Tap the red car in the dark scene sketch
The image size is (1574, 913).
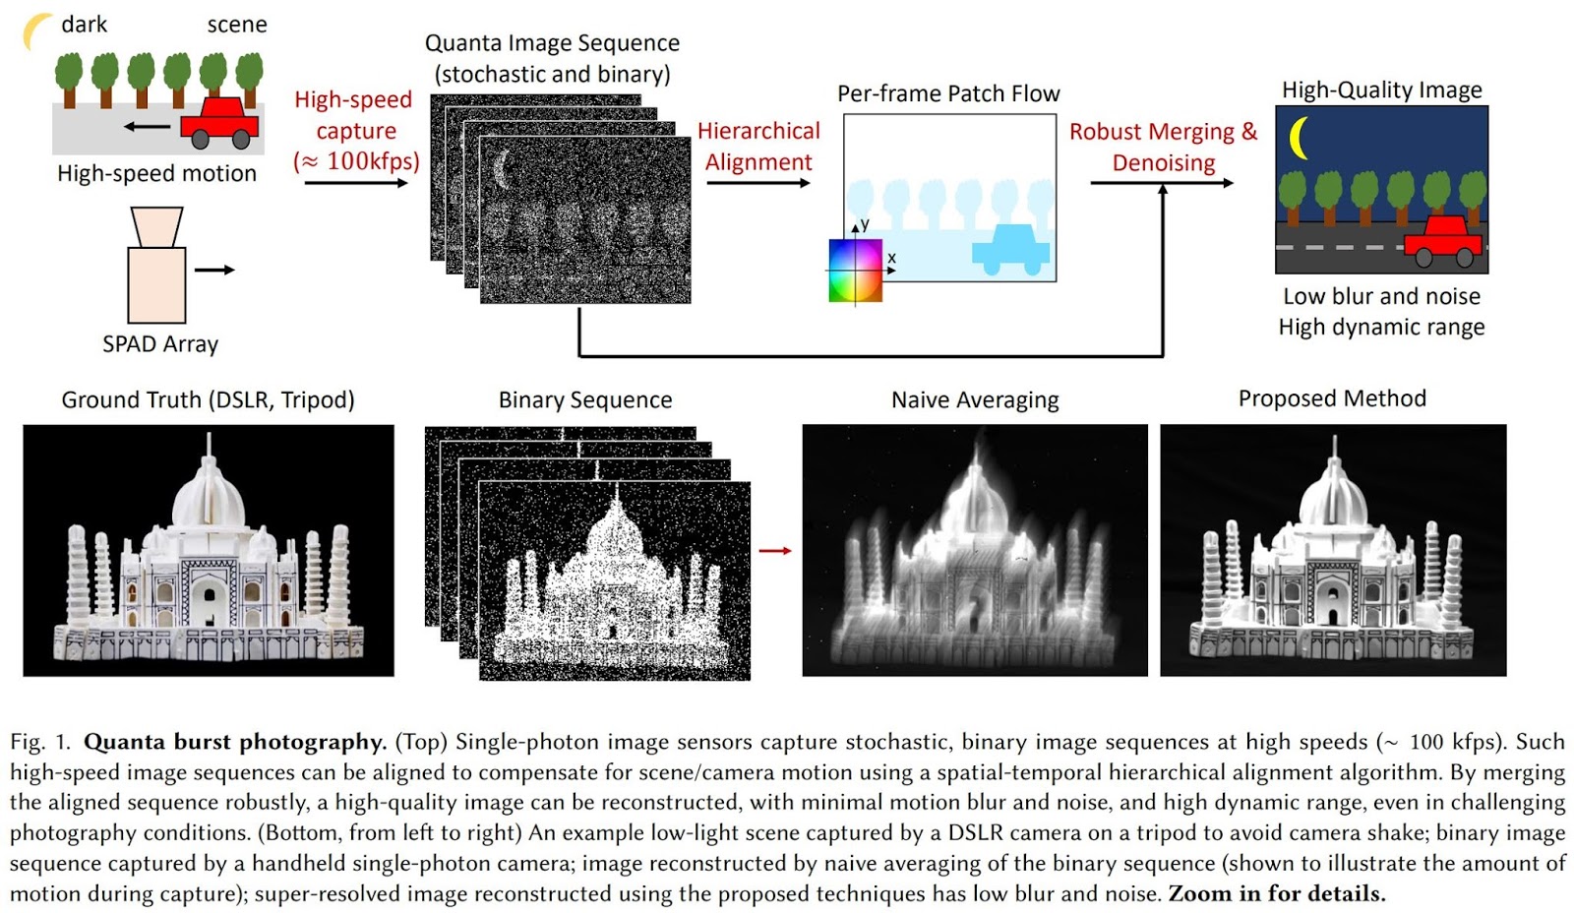219,121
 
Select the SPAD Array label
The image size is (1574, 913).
160,344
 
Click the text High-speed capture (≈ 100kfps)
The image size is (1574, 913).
355,131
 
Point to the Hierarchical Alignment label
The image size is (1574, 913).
758,147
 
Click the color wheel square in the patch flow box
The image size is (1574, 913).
855,271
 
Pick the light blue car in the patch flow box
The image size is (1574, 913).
1010,248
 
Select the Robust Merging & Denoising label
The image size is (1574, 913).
1163,147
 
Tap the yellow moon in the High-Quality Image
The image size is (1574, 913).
1300,138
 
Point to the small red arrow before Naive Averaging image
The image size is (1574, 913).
775,550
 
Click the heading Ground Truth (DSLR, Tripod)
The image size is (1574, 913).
208,400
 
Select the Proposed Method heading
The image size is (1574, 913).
1332,398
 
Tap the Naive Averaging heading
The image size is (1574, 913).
975,400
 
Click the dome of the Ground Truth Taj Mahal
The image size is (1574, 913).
209,497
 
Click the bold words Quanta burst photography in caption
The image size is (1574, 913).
234,742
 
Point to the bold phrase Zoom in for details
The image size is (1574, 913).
1276,894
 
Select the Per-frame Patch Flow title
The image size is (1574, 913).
948,94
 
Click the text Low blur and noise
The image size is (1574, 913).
1381,296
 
